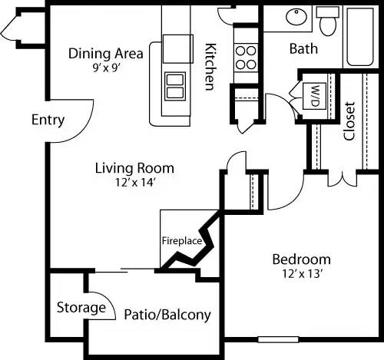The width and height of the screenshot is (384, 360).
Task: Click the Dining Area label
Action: click(x=106, y=54)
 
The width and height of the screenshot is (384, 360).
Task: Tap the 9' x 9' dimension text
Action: click(x=106, y=67)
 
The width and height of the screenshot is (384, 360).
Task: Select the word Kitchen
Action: click(x=209, y=66)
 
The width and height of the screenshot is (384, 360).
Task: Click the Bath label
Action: click(x=304, y=49)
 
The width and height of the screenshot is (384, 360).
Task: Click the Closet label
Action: click(x=349, y=121)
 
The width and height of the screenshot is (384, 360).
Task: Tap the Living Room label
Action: click(x=134, y=168)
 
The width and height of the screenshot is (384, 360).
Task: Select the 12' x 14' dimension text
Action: click(x=134, y=182)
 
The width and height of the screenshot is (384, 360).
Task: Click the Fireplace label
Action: click(x=181, y=240)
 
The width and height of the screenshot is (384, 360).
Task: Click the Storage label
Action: click(x=81, y=308)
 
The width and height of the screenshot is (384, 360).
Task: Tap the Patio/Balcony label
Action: click(x=167, y=315)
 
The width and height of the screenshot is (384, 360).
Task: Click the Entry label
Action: click(x=48, y=121)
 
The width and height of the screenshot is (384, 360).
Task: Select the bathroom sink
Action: click(x=294, y=17)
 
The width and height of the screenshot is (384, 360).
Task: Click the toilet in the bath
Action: click(x=329, y=23)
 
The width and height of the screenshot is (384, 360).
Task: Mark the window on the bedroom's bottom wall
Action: click(x=277, y=339)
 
